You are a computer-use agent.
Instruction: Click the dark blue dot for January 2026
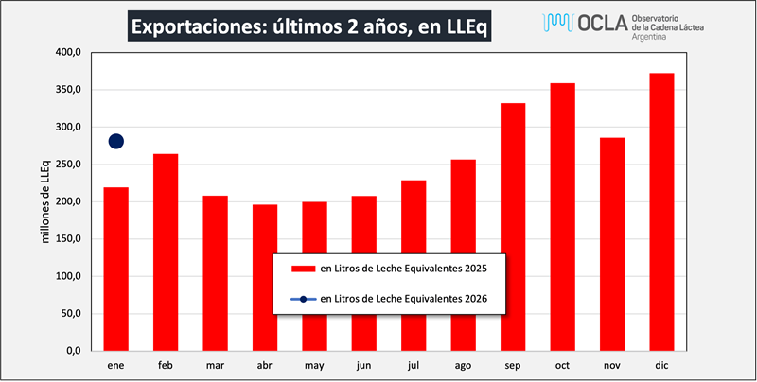[x=116, y=142]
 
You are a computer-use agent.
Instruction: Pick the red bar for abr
[x=265, y=277]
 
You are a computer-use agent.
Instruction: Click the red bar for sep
[x=513, y=227]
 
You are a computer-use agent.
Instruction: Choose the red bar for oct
[x=563, y=217]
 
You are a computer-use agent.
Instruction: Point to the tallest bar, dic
[x=661, y=212]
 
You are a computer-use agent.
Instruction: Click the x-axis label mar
[x=215, y=365]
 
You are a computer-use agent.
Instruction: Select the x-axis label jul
[x=414, y=365]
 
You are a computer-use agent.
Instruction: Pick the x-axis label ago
[x=463, y=365]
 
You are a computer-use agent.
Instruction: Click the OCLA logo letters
[x=601, y=23]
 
